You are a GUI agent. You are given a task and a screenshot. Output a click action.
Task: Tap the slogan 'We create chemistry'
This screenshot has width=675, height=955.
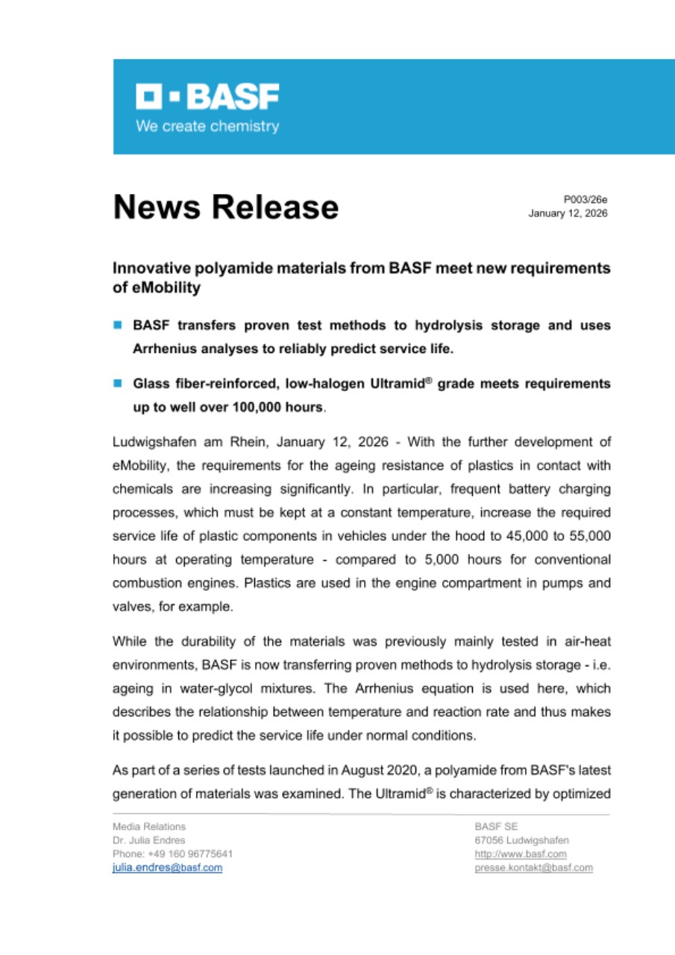(207, 126)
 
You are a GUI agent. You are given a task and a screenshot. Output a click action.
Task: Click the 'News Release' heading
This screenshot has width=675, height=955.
(225, 207)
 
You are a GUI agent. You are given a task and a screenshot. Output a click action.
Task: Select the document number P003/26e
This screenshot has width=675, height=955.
(585, 199)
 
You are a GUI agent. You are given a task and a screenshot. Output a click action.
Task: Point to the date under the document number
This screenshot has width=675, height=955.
(568, 213)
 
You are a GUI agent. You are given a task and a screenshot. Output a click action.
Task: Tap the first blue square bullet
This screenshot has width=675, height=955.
(117, 325)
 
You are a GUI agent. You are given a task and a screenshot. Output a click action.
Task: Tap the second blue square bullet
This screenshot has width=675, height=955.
(117, 383)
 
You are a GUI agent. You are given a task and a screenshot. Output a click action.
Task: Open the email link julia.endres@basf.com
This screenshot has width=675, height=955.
(167, 868)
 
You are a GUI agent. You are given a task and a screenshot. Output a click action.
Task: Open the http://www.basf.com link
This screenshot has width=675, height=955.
(521, 854)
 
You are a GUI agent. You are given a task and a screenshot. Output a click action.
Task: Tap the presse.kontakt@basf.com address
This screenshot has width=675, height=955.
(534, 868)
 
